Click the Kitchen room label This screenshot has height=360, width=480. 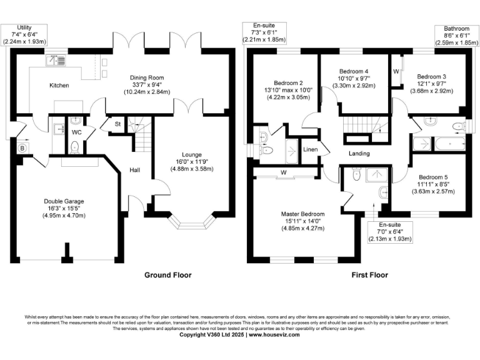coord(59,86)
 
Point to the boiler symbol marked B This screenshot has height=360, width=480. coord(22,148)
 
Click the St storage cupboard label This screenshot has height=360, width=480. coord(117,124)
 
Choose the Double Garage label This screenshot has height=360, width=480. coord(61,201)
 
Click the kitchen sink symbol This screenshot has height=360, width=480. coord(61,61)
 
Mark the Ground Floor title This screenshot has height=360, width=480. coord(168,275)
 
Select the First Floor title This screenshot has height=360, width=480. coord(369,275)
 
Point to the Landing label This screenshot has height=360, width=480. coord(359,153)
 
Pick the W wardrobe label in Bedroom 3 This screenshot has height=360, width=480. coord(396,72)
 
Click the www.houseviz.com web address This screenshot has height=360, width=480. coord(274,335)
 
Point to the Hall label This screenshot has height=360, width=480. coord(134,169)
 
